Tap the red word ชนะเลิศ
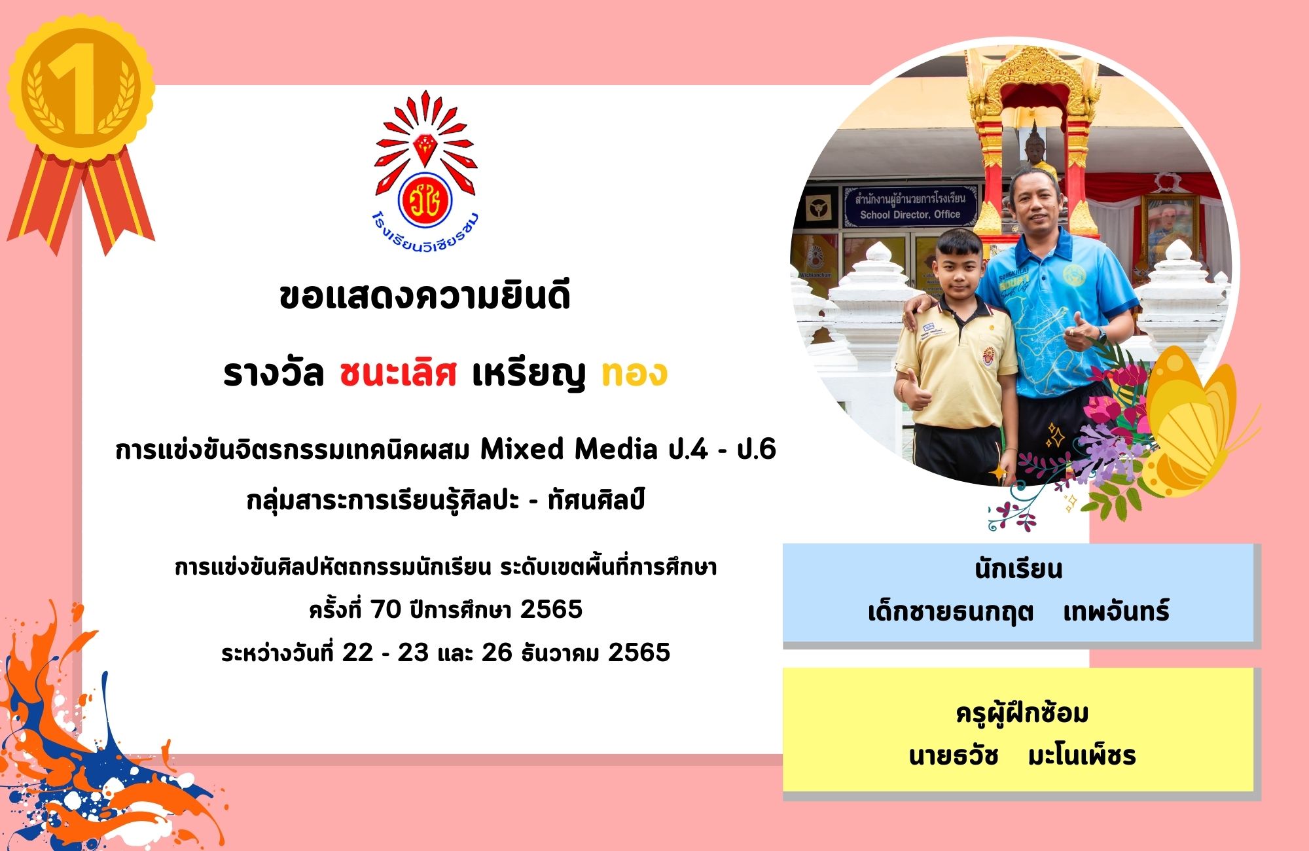(398, 374)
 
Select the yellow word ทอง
(634, 373)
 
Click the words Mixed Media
(569, 449)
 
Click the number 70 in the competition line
(386, 609)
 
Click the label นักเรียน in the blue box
(1018, 569)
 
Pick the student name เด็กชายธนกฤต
(950, 612)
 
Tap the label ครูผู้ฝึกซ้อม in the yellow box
(1022, 713)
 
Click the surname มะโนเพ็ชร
(1082, 756)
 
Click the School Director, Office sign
(910, 206)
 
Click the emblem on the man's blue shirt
(1074, 275)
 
